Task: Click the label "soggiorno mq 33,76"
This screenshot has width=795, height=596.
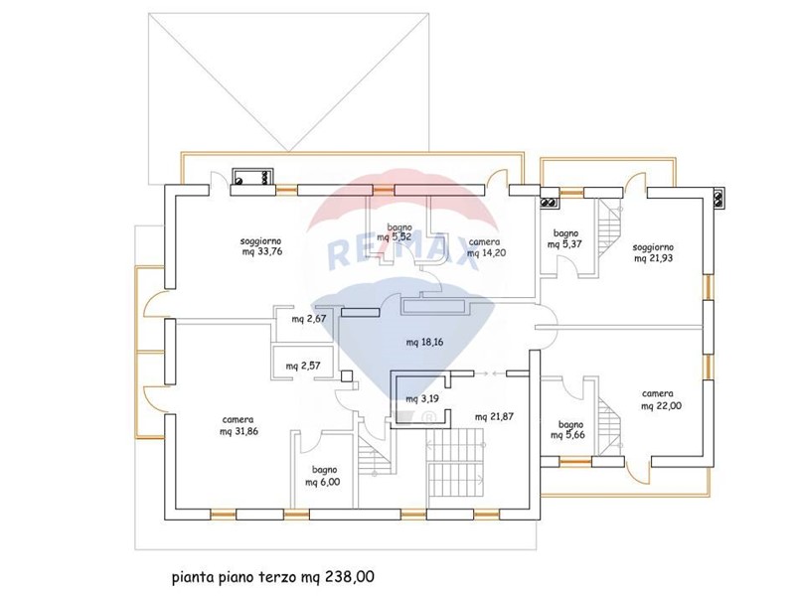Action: pos(261,246)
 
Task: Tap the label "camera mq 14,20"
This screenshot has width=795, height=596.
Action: pos(487,247)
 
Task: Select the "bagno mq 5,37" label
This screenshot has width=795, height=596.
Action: pos(564,238)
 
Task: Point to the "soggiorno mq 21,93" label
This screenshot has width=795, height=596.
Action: pos(654,253)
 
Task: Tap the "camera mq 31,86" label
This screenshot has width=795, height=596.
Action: pos(238,426)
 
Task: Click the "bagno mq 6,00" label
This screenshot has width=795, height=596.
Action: pos(323,476)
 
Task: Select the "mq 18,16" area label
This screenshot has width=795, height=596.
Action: pos(425,342)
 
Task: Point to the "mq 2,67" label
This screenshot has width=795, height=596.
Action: pos(309,319)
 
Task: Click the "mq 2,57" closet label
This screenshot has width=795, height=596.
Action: pos(303,366)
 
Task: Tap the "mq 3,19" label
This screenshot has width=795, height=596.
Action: pos(421,399)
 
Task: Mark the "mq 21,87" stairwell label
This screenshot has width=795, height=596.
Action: pos(494,417)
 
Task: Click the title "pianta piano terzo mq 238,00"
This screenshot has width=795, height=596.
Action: pos(273,577)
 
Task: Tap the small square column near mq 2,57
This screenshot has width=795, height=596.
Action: pos(347,376)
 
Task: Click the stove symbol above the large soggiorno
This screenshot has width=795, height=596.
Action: pos(253,177)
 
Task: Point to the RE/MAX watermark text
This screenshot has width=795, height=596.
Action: pos(404,251)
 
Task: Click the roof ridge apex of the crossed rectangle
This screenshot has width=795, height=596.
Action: pos(288,151)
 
